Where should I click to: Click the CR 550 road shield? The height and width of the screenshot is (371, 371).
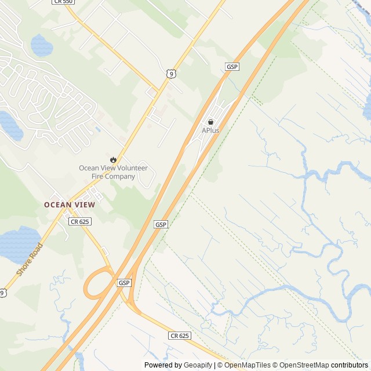coord(63,2)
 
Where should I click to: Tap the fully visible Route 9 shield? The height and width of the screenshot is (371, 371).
coord(170,72)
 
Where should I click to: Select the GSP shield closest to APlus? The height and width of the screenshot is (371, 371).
coord(232,67)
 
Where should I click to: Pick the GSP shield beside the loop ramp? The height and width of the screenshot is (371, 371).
coord(125,282)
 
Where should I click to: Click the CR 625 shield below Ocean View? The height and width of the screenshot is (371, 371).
coord(79,221)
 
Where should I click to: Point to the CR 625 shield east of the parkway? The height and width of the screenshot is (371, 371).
coord(180,336)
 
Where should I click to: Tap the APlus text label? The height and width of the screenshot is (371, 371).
coord(210,130)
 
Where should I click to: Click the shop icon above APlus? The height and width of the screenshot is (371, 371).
coord(210,122)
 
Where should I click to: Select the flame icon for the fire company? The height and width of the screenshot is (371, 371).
coord(113,159)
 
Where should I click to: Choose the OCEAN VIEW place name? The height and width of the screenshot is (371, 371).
coord(70,205)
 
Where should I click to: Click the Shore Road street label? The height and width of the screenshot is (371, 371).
coord(30,259)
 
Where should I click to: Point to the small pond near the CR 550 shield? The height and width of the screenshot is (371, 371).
coord(40,44)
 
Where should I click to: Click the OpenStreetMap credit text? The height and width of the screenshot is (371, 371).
coord(303,365)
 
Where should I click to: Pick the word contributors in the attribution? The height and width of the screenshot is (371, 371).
coord(350,365)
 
